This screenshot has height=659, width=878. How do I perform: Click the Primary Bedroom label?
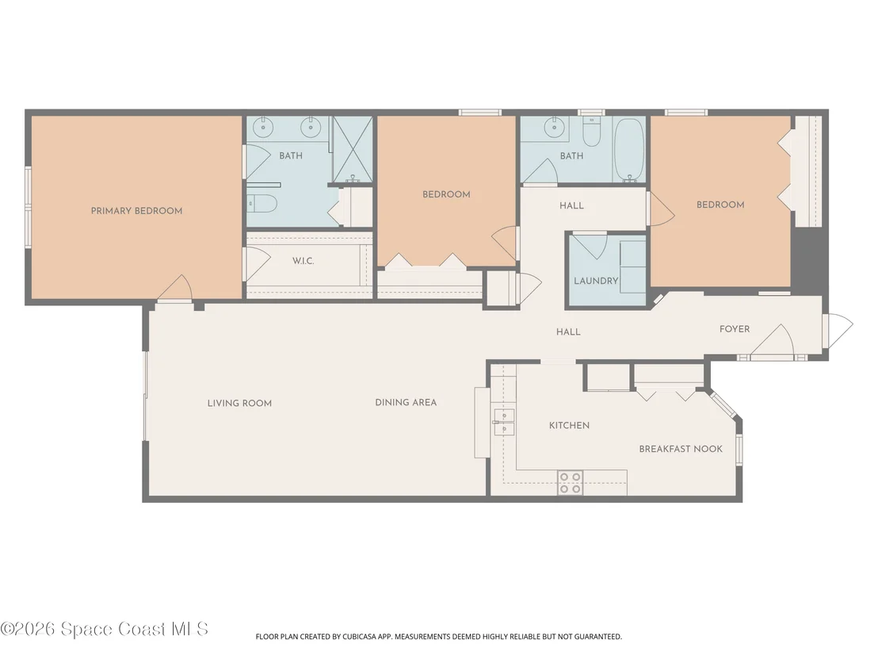[136, 211]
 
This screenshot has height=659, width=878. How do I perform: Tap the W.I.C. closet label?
[303, 261]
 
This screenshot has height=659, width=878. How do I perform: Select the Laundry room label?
[596, 281]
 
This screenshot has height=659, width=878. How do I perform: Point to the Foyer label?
[734, 329]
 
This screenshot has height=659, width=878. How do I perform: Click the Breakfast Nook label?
[681, 449]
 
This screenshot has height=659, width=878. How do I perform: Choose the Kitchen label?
[569, 425]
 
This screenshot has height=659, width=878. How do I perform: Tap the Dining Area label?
[406, 402]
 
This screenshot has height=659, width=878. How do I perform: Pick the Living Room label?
[239, 403]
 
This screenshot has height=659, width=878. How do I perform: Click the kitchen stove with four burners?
[570, 483]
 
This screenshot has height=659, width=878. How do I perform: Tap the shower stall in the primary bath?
[353, 149]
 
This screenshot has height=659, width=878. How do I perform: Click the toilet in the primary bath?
[262, 204]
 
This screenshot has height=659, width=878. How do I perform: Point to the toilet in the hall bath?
[591, 131]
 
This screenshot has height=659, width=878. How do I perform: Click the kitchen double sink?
[503, 422]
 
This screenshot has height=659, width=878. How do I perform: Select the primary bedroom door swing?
[176, 288]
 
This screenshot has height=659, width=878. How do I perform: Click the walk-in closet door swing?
[257, 263]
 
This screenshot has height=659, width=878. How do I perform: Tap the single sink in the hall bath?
[554, 128]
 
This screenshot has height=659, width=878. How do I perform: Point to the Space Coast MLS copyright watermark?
[104, 630]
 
